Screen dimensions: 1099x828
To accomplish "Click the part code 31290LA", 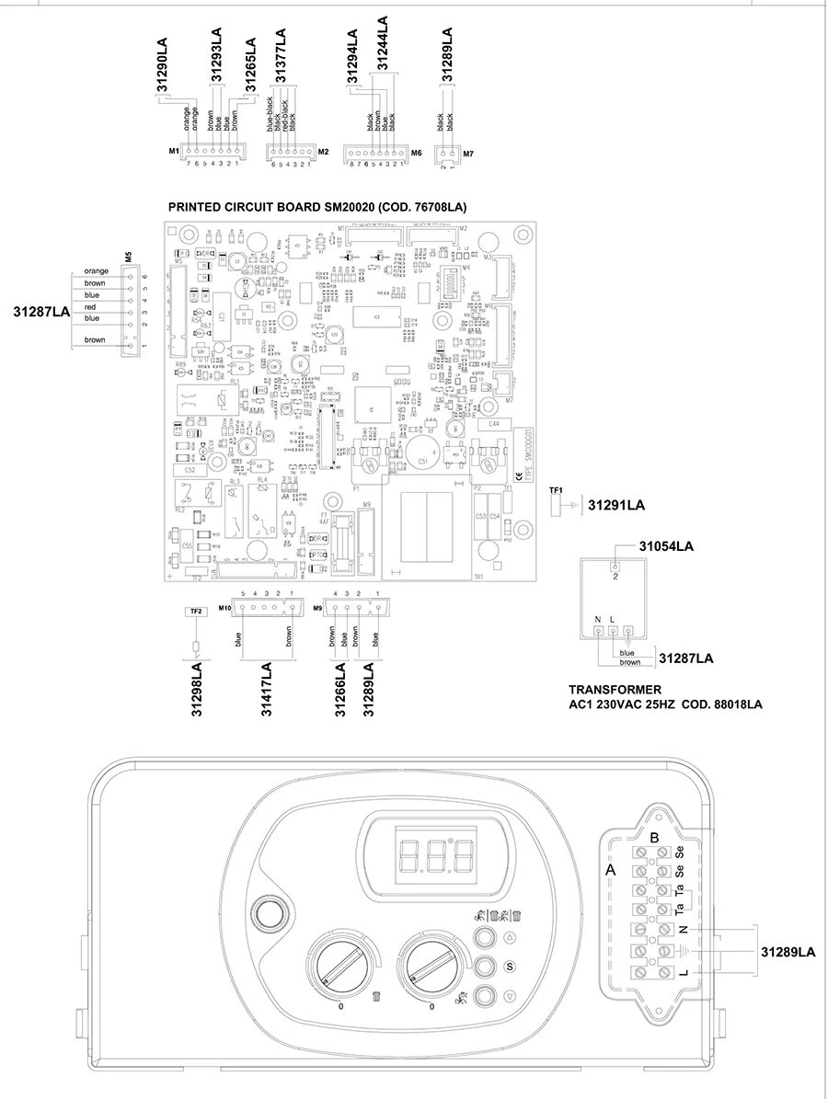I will point(162,65).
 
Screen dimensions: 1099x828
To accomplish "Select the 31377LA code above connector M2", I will point(282,56).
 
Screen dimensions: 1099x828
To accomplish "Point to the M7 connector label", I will point(468,154).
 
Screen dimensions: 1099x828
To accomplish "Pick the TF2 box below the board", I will point(195,612).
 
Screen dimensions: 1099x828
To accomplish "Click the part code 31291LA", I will point(616,505).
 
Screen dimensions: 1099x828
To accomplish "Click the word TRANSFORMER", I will point(615,689).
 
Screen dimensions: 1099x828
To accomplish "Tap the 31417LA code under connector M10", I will point(267,688).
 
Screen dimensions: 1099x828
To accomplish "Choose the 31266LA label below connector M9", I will point(340,688).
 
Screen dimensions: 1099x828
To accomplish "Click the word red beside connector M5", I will point(91,306).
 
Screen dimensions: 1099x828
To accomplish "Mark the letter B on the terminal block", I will point(654,838).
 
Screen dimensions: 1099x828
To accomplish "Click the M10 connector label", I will point(224,610).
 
